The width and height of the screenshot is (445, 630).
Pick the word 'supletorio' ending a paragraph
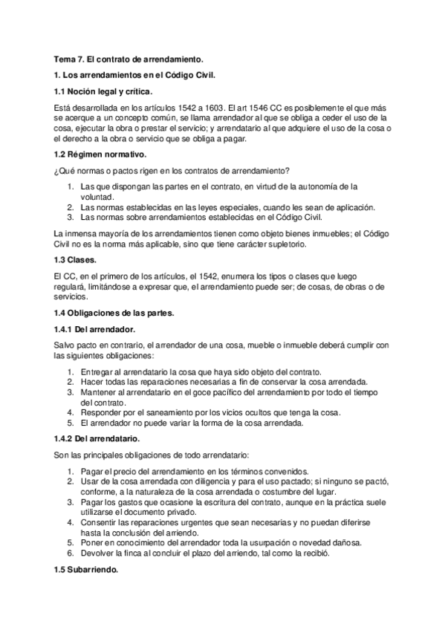(x=282, y=244)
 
